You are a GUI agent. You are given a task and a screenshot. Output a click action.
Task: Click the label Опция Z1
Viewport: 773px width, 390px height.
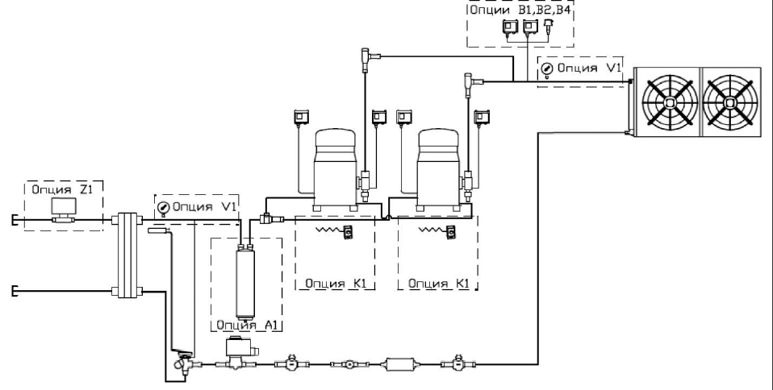pyautogui.click(x=62, y=189)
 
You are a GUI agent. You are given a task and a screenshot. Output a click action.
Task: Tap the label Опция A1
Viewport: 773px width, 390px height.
pyautogui.click(x=244, y=325)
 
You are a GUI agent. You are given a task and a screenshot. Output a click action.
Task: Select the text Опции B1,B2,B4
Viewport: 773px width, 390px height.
pyautogui.click(x=520, y=10)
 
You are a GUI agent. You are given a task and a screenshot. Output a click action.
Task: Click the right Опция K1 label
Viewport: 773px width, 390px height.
pyautogui.click(x=439, y=284)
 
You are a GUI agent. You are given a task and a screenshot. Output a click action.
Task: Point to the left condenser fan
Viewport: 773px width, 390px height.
pyautogui.click(x=671, y=102)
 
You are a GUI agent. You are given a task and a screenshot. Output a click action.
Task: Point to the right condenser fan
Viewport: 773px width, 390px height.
pyautogui.click(x=730, y=102)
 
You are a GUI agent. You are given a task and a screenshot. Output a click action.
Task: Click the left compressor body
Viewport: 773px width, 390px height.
pyautogui.click(x=335, y=168)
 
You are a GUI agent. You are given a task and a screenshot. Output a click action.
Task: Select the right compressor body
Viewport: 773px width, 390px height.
pyautogui.click(x=439, y=168)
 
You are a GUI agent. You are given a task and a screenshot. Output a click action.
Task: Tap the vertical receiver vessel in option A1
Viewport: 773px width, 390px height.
pyautogui.click(x=245, y=280)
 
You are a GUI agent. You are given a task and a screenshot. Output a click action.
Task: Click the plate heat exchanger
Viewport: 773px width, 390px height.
pyautogui.click(x=127, y=255)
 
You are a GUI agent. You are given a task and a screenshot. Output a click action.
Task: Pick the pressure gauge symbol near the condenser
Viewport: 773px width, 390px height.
pyautogui.click(x=547, y=69)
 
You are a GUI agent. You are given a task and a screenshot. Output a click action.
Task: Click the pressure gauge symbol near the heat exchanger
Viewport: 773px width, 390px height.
pyautogui.click(x=163, y=208)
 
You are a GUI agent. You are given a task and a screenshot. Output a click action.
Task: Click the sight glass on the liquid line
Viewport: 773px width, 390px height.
pyautogui.click(x=349, y=364)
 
